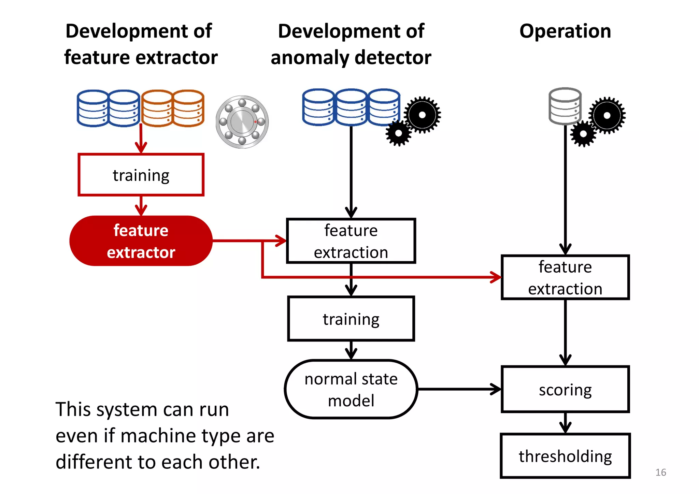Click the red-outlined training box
point(141,175)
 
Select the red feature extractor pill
point(141,241)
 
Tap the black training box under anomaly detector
point(351,319)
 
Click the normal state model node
point(351,389)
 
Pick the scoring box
point(565,389)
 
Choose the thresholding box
point(565,456)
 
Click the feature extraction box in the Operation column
point(565,277)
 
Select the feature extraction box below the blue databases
point(351,241)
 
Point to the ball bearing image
point(242,122)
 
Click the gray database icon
point(565,106)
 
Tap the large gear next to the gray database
point(607,115)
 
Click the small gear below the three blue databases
point(398,133)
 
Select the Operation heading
point(565,31)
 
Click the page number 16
point(660,472)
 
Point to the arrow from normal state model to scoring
point(459,389)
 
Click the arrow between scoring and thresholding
point(565,423)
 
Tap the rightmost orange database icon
point(188,108)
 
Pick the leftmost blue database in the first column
point(92,108)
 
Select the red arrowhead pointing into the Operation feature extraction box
point(496,277)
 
